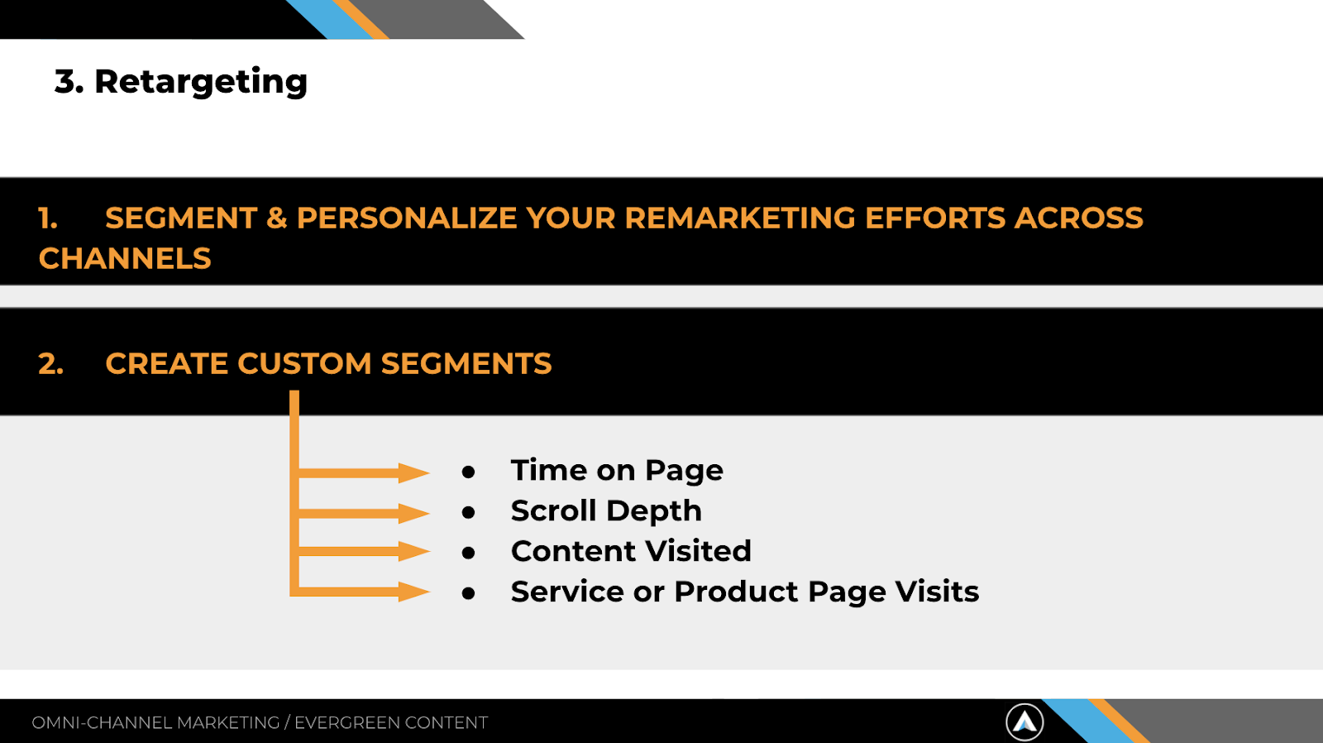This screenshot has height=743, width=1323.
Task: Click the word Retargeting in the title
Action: point(201,82)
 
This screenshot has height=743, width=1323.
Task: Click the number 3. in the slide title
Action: point(69,81)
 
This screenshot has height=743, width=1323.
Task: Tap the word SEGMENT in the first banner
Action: point(181,218)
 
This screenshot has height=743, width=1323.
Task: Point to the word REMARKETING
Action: point(739,218)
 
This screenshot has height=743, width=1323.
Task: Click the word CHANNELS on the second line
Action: point(125,258)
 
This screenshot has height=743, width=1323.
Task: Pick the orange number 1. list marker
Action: point(48,218)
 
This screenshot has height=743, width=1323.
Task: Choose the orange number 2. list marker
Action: point(50,363)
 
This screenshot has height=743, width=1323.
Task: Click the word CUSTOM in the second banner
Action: point(304,363)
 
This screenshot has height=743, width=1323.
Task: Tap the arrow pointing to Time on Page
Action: point(364,472)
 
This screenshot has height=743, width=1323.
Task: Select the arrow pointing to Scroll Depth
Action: point(364,512)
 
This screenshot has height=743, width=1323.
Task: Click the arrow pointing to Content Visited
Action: point(364,552)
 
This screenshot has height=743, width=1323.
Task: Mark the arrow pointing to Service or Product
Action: point(364,591)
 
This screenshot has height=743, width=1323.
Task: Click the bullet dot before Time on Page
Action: point(468,472)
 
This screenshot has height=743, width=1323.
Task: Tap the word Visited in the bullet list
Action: point(698,551)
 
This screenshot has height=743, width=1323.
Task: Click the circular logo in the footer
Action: point(1024,721)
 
